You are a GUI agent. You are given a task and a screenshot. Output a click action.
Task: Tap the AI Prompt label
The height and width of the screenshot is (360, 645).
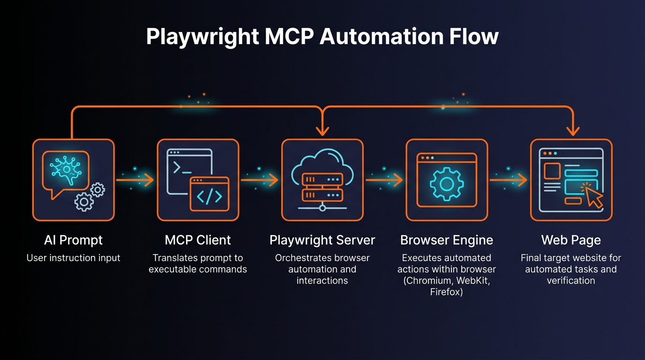pos(73,240)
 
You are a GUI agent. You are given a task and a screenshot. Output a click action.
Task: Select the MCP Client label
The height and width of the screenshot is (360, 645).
pos(198,240)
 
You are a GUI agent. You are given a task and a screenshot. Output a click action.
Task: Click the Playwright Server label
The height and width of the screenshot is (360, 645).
pos(322,240)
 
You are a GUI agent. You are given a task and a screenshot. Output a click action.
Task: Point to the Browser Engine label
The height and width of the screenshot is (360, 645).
pos(446,240)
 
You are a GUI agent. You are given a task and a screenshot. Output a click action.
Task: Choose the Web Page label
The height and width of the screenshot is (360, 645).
pos(570,240)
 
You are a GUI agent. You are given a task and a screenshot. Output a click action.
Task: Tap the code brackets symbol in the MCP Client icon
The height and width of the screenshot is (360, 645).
pos(210,197)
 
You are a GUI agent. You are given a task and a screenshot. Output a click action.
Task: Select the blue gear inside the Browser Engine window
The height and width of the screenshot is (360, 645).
pos(446,184)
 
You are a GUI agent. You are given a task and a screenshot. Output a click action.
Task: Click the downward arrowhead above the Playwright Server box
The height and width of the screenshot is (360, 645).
pos(322,132)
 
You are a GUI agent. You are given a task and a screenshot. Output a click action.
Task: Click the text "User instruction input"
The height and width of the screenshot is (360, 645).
pos(73,258)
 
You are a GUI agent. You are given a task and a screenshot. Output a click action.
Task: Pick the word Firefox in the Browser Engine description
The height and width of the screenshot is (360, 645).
pos(446,292)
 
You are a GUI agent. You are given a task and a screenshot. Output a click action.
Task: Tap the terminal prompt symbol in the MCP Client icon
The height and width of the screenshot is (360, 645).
pos(178,167)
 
